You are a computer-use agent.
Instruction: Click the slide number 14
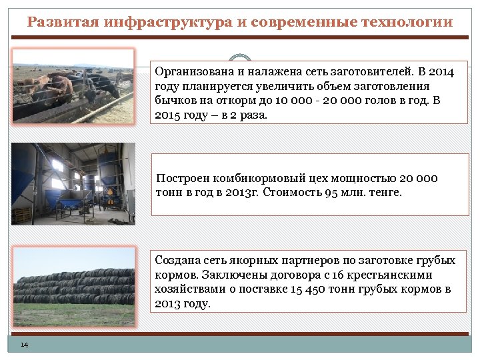pos(24,344)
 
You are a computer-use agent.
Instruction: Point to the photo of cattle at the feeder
pos(73,85)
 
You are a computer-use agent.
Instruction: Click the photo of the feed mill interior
pos(73,183)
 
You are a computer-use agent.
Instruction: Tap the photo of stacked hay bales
pos(73,287)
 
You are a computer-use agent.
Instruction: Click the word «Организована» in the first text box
pos(189,72)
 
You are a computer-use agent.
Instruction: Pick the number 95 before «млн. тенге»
pos(331,193)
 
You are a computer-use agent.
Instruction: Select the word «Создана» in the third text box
pos(174,261)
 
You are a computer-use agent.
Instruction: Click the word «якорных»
pos(241,261)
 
